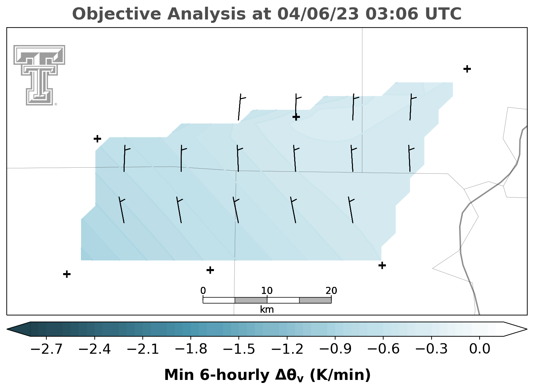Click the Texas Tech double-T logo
click(39, 75)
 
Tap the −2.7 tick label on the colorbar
click(46, 349)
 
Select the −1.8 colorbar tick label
click(191, 349)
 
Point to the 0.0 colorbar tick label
click(480, 349)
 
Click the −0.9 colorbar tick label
click(335, 349)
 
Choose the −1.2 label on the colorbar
click(287, 349)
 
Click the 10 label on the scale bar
click(267, 291)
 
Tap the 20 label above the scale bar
click(331, 291)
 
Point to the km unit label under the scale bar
click(267, 310)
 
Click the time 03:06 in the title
click(392, 14)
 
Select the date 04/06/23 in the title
click(318, 14)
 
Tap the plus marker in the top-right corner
click(467, 69)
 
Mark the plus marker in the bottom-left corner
click(67, 274)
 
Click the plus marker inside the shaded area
click(296, 117)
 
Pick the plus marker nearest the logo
click(97, 139)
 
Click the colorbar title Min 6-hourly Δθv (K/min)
click(267, 375)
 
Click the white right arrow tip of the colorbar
click(526, 329)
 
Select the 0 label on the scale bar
click(203, 291)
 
